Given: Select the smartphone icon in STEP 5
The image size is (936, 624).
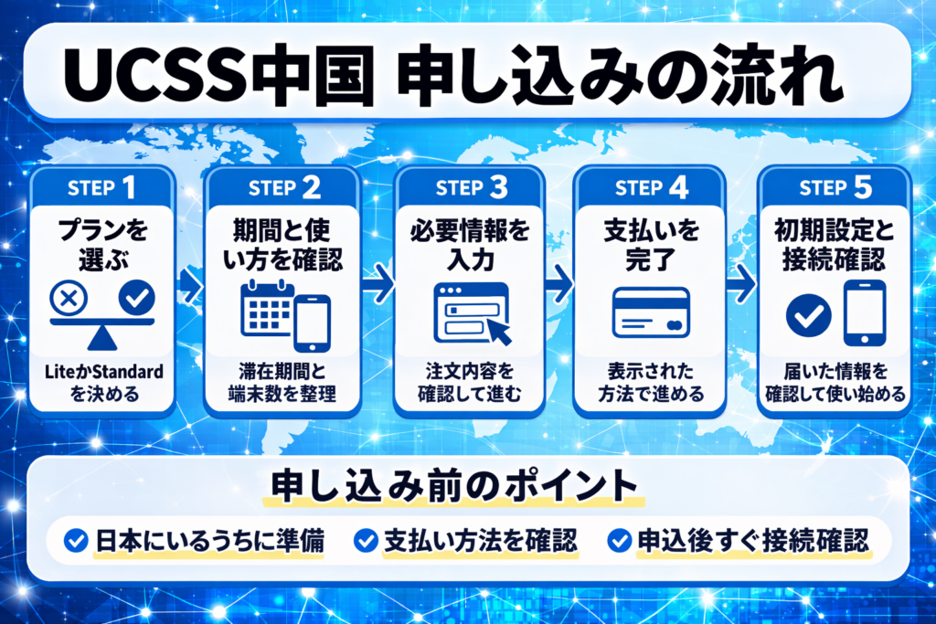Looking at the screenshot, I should [864, 312].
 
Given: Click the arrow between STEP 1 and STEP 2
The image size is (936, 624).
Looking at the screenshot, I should [189, 286].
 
